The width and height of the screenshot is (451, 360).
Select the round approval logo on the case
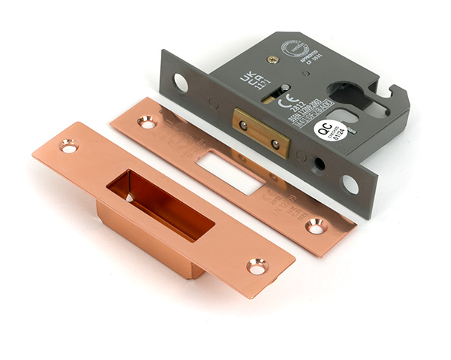(x=292, y=49)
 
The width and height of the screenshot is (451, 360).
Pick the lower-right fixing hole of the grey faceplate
(x=350, y=183)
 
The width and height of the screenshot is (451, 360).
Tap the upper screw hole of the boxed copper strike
(x=69, y=146)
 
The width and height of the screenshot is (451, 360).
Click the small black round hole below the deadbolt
(x=321, y=163)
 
